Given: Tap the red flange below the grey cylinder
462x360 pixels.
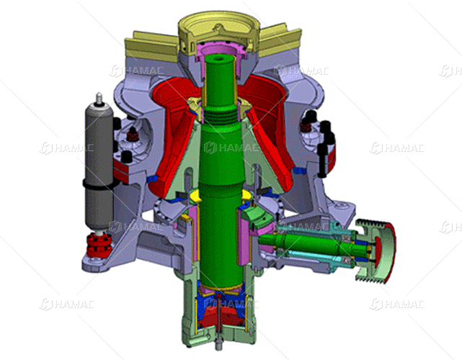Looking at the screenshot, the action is pos(99,246).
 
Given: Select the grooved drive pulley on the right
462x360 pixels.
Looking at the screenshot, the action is pos(376,252).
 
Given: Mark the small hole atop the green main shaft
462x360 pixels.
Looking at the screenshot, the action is pos(218,58).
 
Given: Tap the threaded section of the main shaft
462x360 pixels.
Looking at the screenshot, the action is pos(220,116).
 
